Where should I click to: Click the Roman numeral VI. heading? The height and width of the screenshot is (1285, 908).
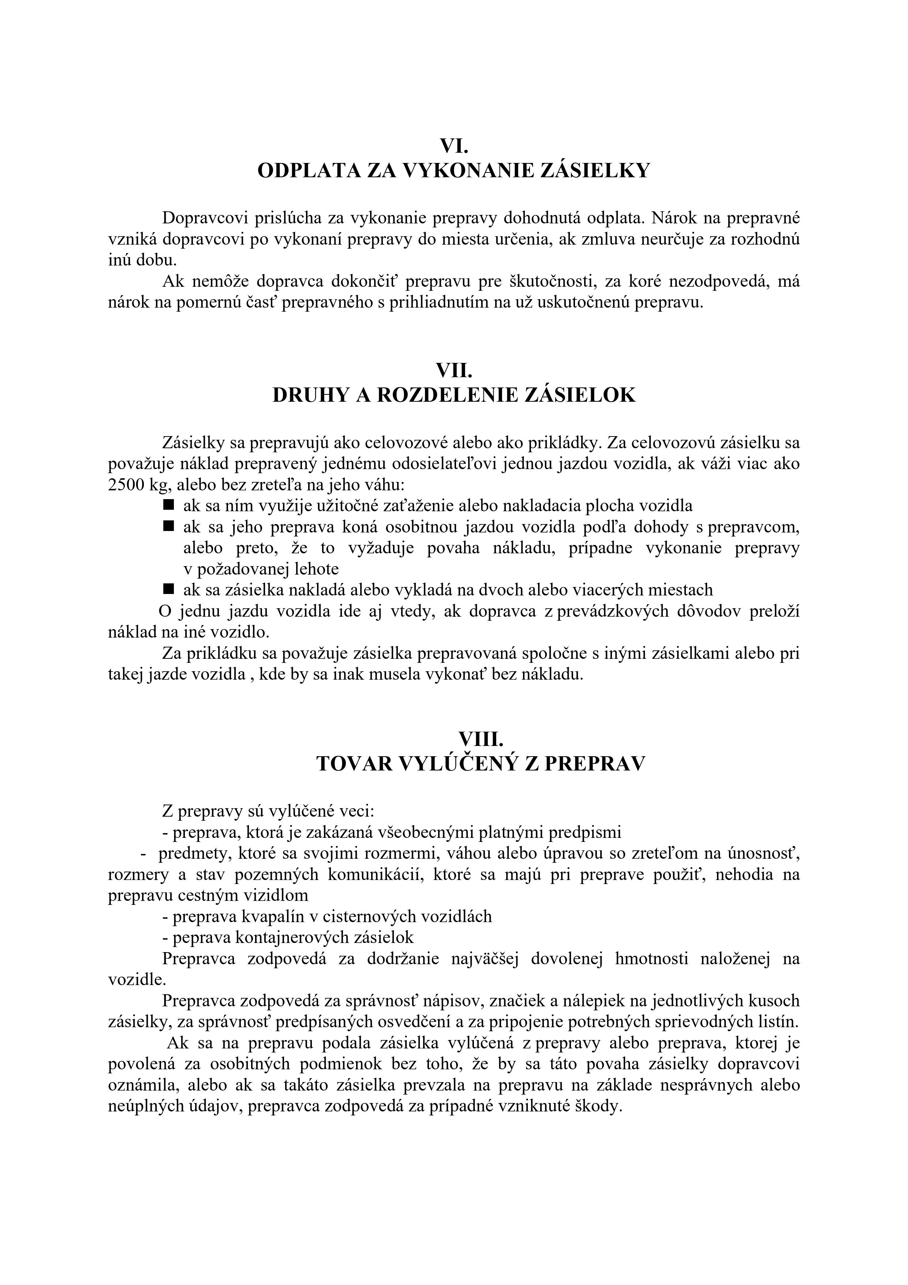pos(454,146)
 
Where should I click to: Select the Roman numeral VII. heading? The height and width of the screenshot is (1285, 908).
pos(454,371)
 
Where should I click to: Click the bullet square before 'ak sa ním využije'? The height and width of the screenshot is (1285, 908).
pos(168,505)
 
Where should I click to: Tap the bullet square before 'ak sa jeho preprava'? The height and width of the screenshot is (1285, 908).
pos(168,526)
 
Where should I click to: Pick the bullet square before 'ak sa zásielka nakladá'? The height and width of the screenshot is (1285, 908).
pos(168,589)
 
